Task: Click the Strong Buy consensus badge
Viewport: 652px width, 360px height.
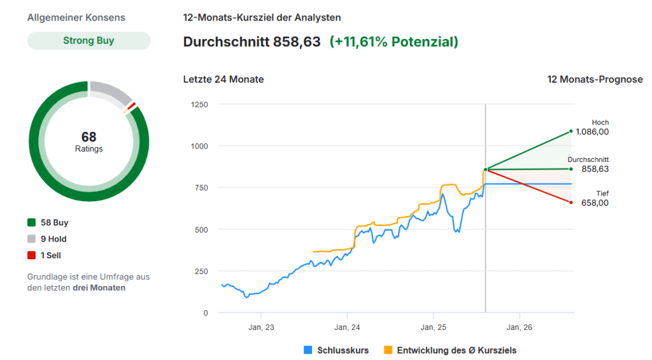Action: (x=89, y=41)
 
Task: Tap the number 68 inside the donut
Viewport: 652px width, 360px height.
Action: (x=89, y=137)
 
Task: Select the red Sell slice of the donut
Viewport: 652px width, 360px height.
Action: (x=132, y=106)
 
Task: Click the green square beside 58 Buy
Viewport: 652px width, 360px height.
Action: (x=31, y=223)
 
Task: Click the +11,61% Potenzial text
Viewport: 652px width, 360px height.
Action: (x=393, y=42)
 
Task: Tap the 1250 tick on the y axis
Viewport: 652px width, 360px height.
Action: (x=199, y=104)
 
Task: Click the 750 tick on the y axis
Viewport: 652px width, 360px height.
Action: (x=201, y=187)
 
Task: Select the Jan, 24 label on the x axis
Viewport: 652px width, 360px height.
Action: (x=347, y=327)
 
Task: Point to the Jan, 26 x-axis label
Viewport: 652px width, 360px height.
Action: (x=519, y=327)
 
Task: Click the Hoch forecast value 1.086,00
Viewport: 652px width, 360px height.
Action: (x=592, y=132)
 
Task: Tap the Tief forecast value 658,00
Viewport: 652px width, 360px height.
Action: (x=595, y=203)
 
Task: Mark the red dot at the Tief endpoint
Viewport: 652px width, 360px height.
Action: (x=571, y=202)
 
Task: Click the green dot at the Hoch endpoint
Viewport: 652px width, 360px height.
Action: (x=571, y=131)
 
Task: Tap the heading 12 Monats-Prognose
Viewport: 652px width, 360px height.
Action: (x=595, y=80)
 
